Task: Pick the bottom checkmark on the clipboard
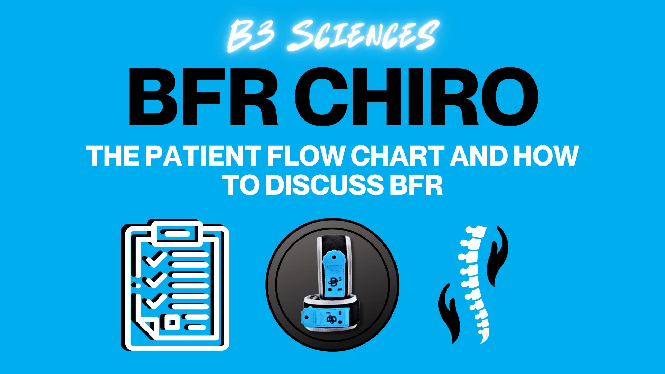click(156, 301)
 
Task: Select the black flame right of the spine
click(497, 256)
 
